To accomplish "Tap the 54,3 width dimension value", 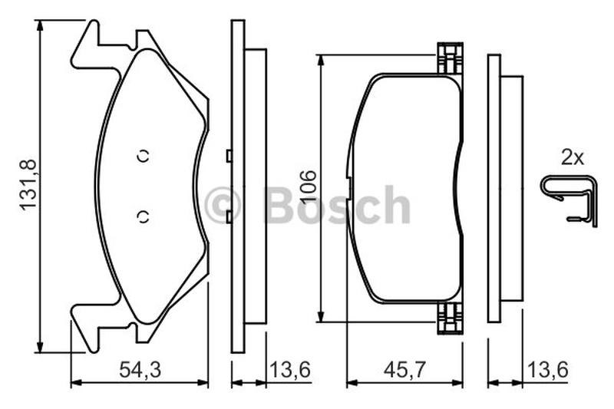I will click(x=140, y=370).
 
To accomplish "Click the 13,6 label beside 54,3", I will click(x=290, y=370).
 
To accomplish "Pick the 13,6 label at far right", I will click(x=547, y=370).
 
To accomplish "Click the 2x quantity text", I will click(x=572, y=158).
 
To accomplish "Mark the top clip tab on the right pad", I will click(x=450, y=59).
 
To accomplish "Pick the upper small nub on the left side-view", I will click(x=229, y=156).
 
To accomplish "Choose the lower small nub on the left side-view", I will click(x=229, y=217).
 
